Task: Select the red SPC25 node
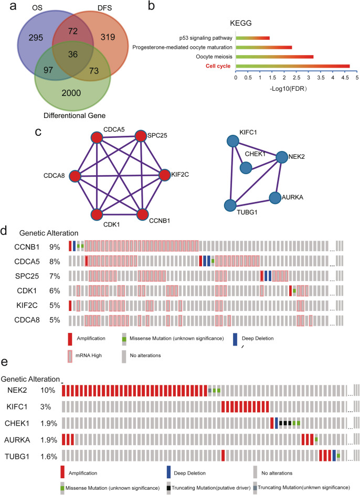[140, 137]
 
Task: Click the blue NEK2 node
[281, 157]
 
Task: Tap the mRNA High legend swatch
[71, 356]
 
